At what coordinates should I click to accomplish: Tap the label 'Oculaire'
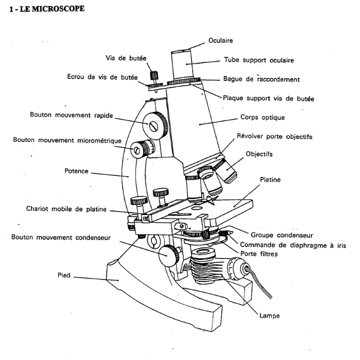(220, 41)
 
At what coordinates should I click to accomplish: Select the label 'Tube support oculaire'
(259, 60)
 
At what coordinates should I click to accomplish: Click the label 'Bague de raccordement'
(261, 79)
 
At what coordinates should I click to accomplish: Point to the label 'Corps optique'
(260, 118)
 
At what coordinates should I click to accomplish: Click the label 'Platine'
(271, 179)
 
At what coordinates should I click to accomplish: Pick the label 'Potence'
(76, 171)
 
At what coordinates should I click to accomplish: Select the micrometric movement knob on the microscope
(141, 147)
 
